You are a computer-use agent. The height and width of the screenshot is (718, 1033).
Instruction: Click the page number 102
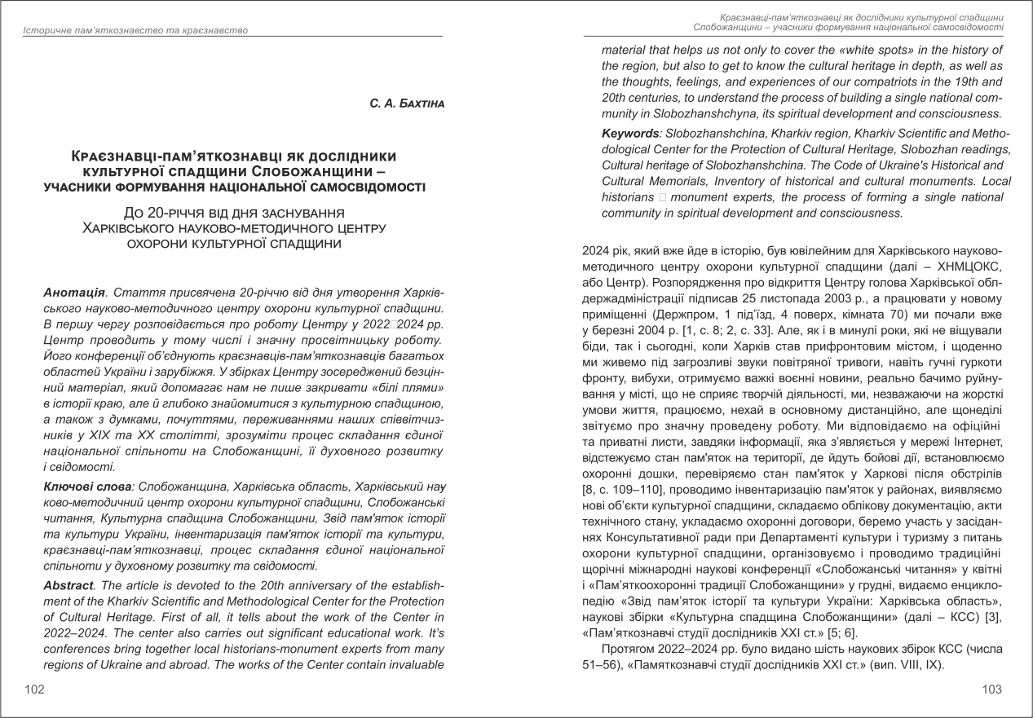click(x=34, y=689)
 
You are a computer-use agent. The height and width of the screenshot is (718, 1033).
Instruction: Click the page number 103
click(x=991, y=689)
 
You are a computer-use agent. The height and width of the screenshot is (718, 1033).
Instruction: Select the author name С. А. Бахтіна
click(x=406, y=104)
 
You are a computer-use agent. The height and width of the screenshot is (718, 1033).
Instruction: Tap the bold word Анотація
click(x=74, y=292)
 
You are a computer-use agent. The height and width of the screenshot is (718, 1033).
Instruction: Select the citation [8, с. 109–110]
click(x=625, y=489)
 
